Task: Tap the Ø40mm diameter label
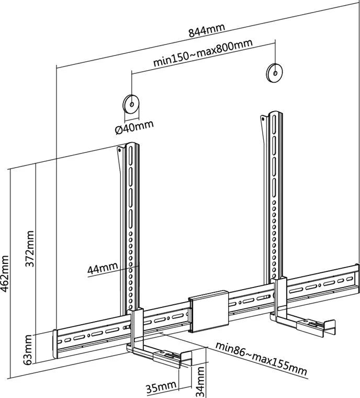[135, 127]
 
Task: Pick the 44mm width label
[103, 269]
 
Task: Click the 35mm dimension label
[160, 388]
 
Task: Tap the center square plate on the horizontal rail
[208, 313]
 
